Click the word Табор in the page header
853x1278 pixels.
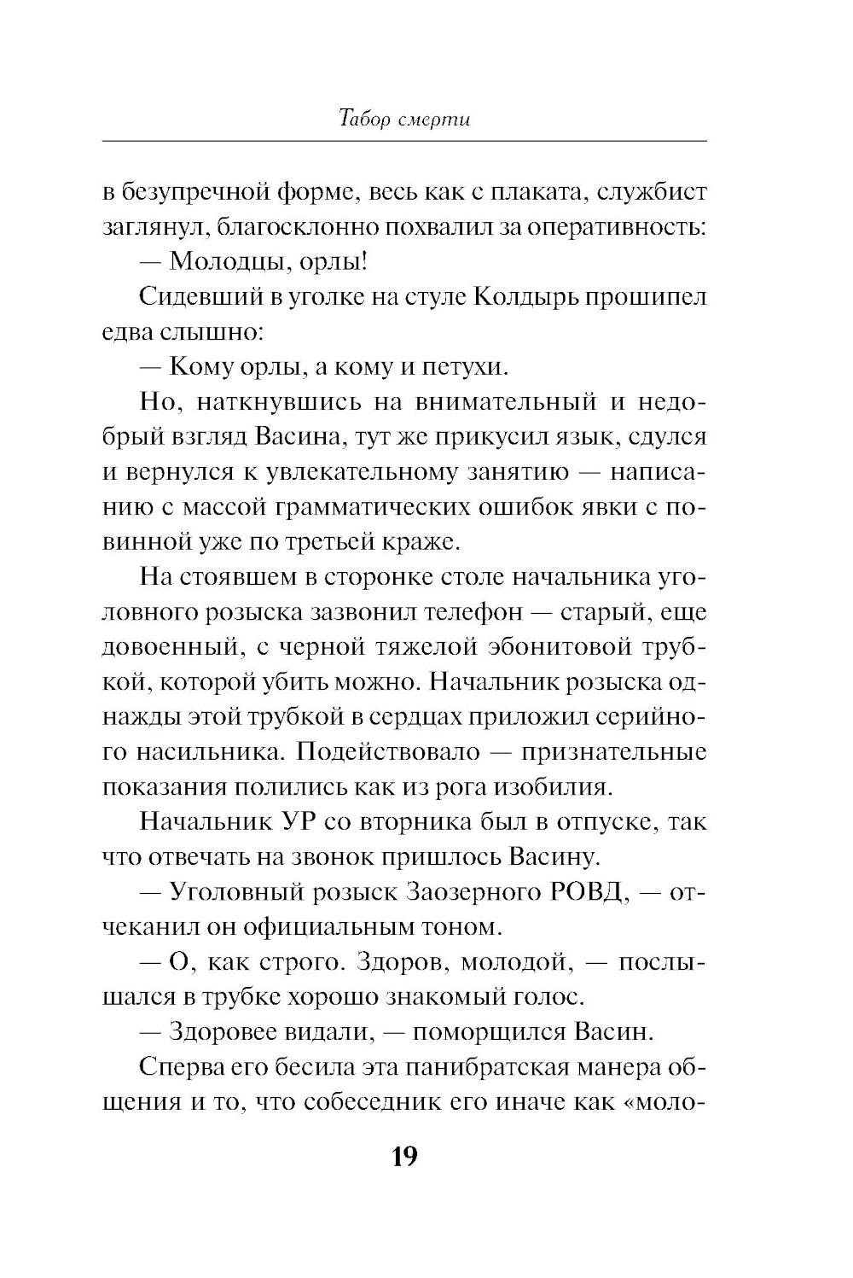coord(363,119)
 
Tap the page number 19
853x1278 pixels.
coord(403,1157)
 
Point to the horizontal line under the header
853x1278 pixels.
coord(403,140)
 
